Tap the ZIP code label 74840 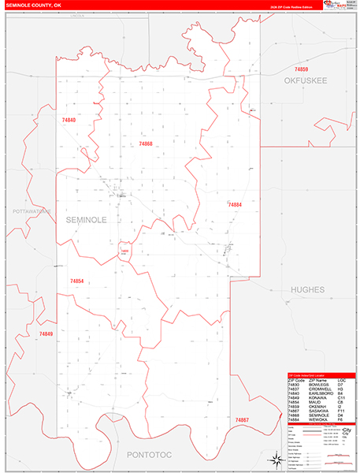[69, 119]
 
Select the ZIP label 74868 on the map [146, 144]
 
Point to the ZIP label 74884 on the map [235, 205]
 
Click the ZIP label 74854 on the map [76, 281]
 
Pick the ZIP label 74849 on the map [46, 334]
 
